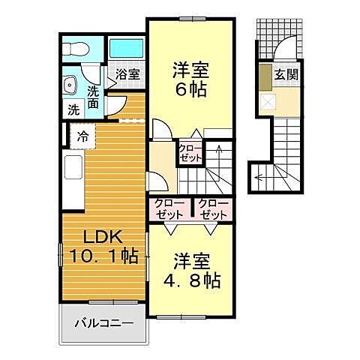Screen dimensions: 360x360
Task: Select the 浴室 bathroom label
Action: pos(127,74)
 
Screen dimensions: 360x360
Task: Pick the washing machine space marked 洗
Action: pos(73,108)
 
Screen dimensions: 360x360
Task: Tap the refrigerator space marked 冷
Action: pos(82,137)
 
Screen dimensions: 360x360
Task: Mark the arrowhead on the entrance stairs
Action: pos(258,178)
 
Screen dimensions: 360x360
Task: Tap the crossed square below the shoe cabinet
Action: pos(268,100)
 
